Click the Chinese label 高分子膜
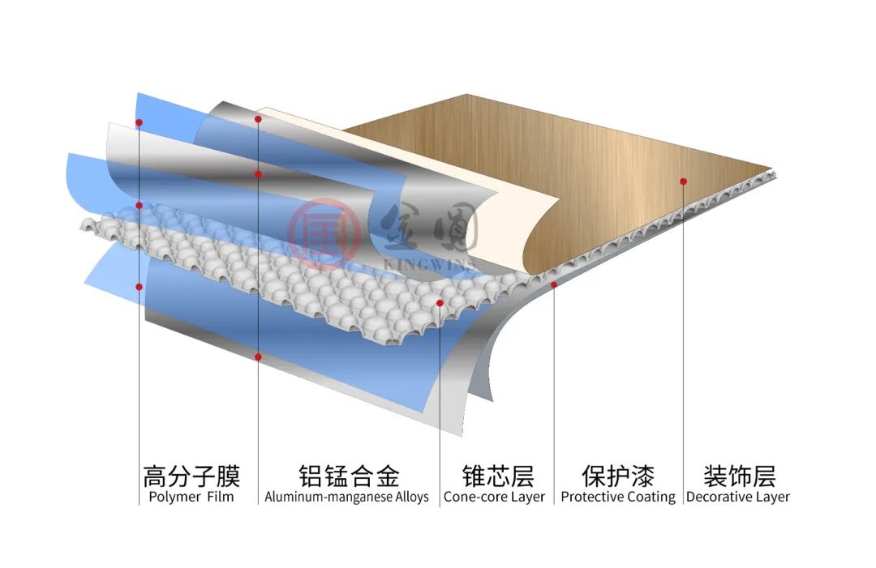[x=191, y=475]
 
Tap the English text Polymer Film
[x=191, y=497]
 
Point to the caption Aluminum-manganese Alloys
[x=346, y=497]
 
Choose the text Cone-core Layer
[x=494, y=497]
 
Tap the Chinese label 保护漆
[x=618, y=475]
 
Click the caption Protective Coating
[x=618, y=497]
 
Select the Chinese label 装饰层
[x=739, y=475]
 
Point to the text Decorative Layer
[x=738, y=497]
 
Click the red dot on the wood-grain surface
[x=683, y=182]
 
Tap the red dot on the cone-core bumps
[x=440, y=303]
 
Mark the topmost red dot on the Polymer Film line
[x=139, y=122]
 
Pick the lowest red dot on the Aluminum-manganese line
[x=258, y=357]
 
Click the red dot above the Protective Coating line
[x=554, y=284]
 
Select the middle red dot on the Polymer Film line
[x=139, y=206]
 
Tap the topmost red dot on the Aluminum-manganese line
[x=258, y=119]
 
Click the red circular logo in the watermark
[x=324, y=233]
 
